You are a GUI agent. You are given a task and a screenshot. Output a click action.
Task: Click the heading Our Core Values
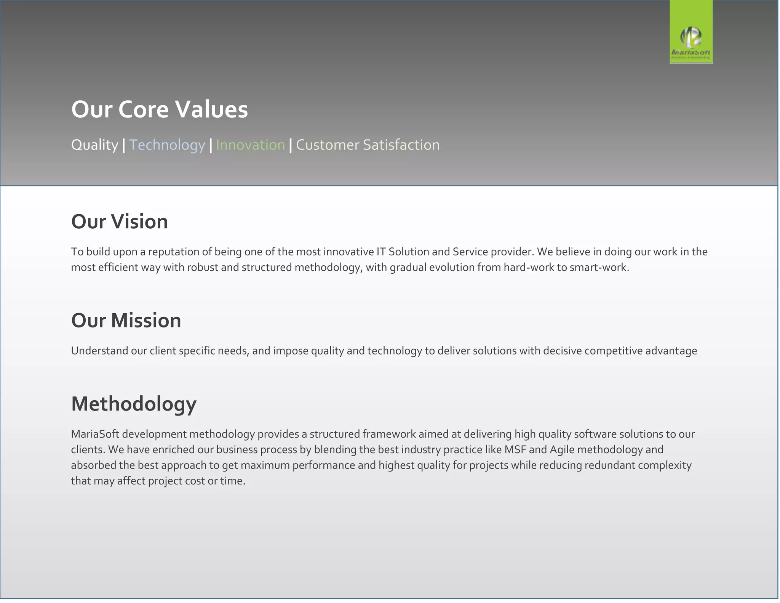[160, 109]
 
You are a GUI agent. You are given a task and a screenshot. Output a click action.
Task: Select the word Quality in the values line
[95, 145]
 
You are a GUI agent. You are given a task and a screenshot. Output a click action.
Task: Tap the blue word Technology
[167, 145]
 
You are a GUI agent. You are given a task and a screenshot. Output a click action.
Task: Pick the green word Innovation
[250, 145]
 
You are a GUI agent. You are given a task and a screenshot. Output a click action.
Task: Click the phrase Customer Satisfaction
[368, 145]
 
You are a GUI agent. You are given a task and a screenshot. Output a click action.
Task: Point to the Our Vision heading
[120, 221]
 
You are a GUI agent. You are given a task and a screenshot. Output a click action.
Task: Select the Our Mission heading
[126, 320]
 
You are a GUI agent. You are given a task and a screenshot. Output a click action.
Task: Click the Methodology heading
[134, 404]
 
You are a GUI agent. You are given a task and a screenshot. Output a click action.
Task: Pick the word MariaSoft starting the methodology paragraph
[95, 434]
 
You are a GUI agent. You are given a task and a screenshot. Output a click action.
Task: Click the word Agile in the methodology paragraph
[562, 450]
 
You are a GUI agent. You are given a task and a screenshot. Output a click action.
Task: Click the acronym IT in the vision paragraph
[381, 252]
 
